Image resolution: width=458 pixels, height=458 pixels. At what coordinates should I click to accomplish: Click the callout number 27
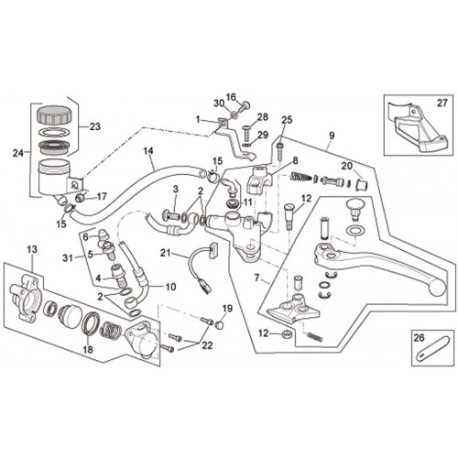click(442, 104)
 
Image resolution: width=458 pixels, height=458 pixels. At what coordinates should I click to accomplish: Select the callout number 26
click(420, 337)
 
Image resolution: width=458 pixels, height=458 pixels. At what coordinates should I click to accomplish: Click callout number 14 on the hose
click(147, 151)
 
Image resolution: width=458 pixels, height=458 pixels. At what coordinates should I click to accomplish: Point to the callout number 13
click(32, 249)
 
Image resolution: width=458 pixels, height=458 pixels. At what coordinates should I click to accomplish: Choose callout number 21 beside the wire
click(165, 253)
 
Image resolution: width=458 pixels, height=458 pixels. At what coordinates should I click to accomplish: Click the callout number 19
click(227, 309)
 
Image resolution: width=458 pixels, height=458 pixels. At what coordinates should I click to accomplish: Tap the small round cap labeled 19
click(219, 324)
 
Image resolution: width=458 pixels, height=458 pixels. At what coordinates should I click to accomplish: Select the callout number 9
click(332, 136)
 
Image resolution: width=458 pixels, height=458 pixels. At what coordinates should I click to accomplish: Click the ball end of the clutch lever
click(437, 287)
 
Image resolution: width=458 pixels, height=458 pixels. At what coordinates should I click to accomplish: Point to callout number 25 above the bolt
click(287, 120)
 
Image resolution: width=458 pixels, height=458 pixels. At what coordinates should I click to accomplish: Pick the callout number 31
click(68, 258)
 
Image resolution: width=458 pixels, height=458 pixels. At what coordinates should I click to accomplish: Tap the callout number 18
click(88, 349)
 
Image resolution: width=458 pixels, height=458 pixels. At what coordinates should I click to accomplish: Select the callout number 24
click(18, 153)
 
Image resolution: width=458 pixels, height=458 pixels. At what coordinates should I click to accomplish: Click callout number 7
click(256, 278)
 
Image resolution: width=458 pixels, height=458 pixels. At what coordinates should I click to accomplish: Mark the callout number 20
click(347, 166)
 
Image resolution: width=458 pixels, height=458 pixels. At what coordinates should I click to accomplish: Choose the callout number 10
click(170, 287)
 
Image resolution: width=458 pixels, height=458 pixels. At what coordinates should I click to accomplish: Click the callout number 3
click(176, 190)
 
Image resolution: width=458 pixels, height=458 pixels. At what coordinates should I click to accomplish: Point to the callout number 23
click(94, 126)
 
